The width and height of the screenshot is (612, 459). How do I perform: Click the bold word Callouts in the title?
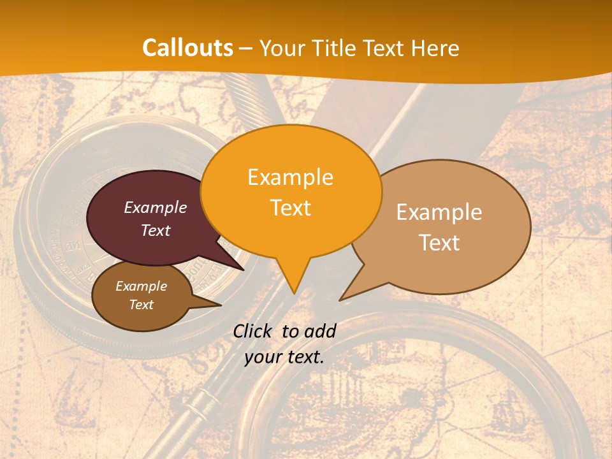[187, 48]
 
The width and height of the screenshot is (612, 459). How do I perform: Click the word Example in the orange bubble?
[291, 177]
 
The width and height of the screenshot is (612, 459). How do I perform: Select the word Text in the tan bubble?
[439, 243]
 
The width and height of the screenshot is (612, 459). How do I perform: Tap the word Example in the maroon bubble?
[156, 208]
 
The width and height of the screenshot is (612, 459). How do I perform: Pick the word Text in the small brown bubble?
[142, 305]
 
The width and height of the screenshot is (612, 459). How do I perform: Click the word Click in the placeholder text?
[252, 331]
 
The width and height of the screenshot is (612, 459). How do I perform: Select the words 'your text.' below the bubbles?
[284, 358]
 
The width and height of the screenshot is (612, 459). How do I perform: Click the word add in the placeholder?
[320, 331]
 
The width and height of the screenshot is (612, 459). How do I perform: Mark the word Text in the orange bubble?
[291, 208]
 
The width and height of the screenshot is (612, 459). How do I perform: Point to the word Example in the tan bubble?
[439, 212]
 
